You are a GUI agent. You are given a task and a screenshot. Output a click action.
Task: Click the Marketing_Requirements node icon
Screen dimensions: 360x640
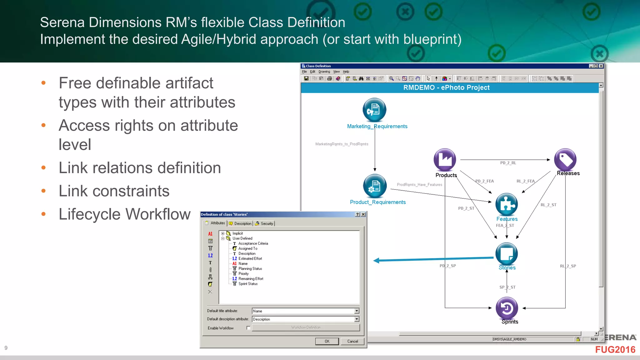[374, 110]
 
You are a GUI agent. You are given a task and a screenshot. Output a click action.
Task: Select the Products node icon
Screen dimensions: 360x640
[445, 160]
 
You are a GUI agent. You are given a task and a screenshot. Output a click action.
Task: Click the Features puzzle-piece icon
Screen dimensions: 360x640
[507, 204]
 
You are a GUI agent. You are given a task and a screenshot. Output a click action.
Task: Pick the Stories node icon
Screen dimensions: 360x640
[507, 253]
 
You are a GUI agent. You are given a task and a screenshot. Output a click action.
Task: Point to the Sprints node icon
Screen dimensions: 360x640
[507, 308]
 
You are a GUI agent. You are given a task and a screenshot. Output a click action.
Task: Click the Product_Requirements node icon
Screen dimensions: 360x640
[375, 186]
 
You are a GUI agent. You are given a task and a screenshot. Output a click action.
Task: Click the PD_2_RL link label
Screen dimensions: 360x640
[508, 163]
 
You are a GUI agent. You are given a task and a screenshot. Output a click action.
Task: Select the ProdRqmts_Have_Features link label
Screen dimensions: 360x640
[419, 185]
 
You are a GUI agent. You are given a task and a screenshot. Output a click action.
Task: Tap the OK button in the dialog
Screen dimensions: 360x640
[327, 341]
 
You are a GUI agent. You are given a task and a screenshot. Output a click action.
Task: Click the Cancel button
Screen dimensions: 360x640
[352, 341]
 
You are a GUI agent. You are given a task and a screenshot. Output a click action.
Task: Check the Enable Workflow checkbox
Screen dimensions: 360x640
[248, 328]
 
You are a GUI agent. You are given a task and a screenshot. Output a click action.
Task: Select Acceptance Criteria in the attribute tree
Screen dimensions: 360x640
[253, 243]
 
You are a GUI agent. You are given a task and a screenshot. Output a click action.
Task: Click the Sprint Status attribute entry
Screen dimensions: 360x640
[248, 284]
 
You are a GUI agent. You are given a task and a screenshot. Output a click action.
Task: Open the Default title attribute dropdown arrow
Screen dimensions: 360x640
[357, 311]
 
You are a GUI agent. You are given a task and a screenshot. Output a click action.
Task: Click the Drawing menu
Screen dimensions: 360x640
[324, 72]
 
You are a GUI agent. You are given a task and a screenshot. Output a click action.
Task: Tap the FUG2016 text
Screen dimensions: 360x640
[615, 350]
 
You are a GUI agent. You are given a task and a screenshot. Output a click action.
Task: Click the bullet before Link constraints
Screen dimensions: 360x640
[43, 191]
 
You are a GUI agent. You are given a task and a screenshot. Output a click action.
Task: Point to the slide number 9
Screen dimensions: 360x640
[6, 348]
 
